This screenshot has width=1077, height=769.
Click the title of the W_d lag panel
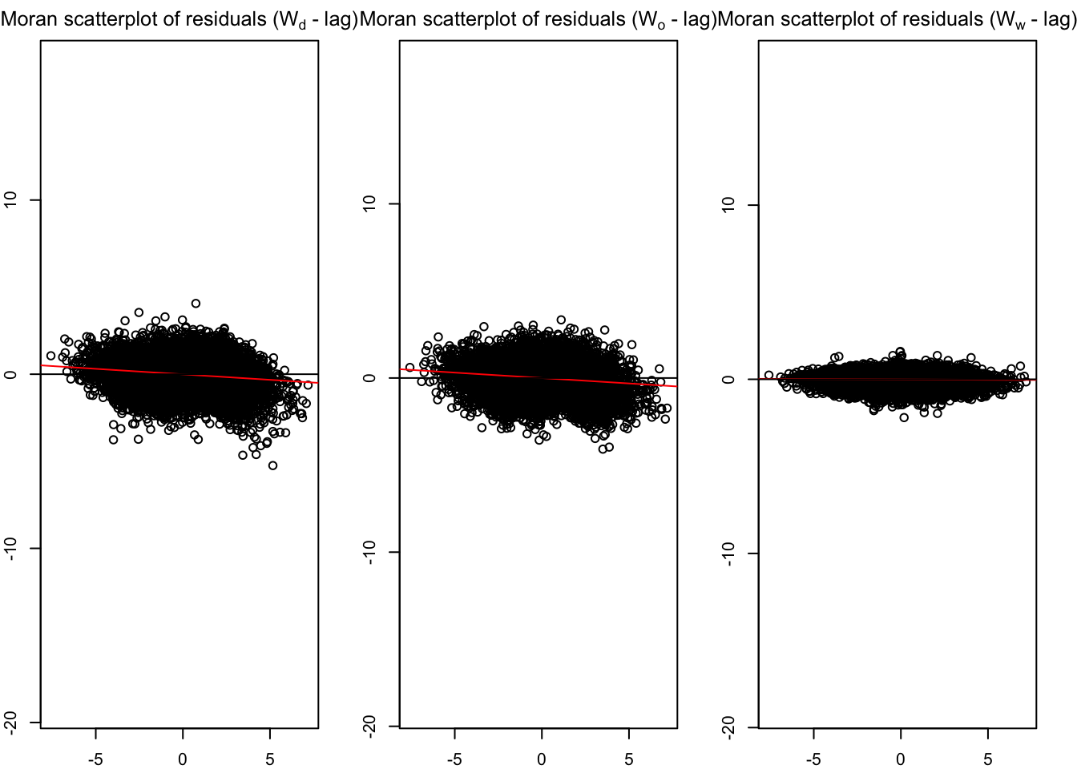point(179,19)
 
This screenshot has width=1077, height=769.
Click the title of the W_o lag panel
point(538,19)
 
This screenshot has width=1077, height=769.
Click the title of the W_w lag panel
point(897,19)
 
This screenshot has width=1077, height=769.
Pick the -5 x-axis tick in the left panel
point(95,759)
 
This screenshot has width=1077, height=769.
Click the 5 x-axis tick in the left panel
point(270,759)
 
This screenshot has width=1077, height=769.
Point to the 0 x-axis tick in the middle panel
point(542,759)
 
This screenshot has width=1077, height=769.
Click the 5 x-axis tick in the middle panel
point(629,759)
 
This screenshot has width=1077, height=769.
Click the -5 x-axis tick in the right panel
point(813,759)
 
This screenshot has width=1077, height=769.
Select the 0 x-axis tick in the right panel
point(901,759)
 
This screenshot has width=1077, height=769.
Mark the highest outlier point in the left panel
point(196,304)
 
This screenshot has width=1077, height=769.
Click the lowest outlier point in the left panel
point(272,465)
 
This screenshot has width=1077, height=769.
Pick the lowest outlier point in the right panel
point(904,417)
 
